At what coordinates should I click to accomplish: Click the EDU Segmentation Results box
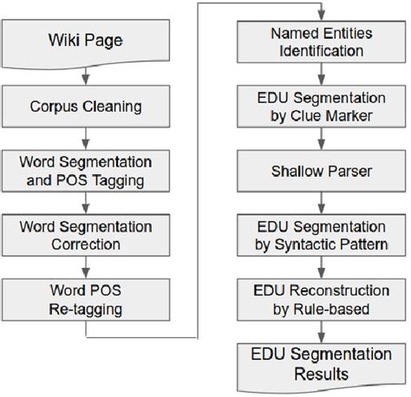(323, 366)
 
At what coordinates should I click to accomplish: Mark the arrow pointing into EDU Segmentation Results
(323, 331)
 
